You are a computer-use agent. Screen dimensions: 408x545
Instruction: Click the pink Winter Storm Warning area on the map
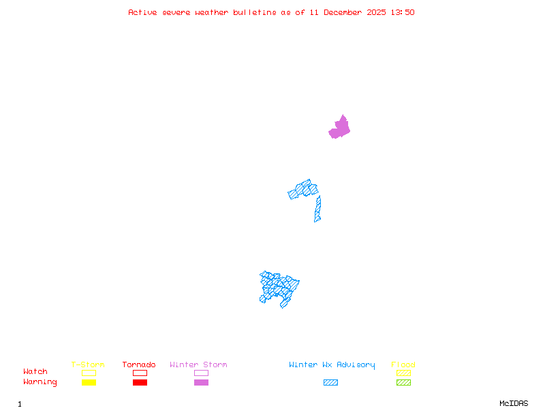pyautogui.click(x=340, y=128)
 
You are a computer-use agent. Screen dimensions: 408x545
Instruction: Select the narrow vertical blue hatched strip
pyautogui.click(x=317, y=209)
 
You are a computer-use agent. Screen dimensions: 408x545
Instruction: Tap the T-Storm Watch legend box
pyautogui.click(x=89, y=373)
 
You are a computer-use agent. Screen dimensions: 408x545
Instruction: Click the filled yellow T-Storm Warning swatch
pyautogui.click(x=89, y=383)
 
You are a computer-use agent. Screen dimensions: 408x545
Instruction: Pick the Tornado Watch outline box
pyautogui.click(x=140, y=373)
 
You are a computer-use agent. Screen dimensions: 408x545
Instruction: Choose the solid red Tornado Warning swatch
pyautogui.click(x=140, y=383)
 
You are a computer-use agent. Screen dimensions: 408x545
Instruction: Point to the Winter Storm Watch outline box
pyautogui.click(x=201, y=373)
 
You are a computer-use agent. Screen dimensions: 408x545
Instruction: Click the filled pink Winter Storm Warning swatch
pyautogui.click(x=201, y=383)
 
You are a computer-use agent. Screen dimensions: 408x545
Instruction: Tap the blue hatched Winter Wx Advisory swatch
pyautogui.click(x=330, y=383)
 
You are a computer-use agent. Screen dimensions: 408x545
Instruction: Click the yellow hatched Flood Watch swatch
pyautogui.click(x=403, y=373)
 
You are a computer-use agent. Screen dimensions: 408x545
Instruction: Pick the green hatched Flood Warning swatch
pyautogui.click(x=403, y=383)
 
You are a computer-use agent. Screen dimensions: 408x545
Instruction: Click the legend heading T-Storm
pyautogui.click(x=88, y=364)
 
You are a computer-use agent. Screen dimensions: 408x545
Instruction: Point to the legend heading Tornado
pyautogui.click(x=139, y=364)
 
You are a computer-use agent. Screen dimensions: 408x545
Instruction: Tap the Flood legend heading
pyautogui.click(x=403, y=364)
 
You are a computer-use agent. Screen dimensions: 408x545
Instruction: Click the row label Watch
pyautogui.click(x=35, y=372)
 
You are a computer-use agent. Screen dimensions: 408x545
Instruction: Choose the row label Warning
pyautogui.click(x=40, y=382)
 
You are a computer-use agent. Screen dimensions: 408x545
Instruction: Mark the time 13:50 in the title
pyautogui.click(x=403, y=12)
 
